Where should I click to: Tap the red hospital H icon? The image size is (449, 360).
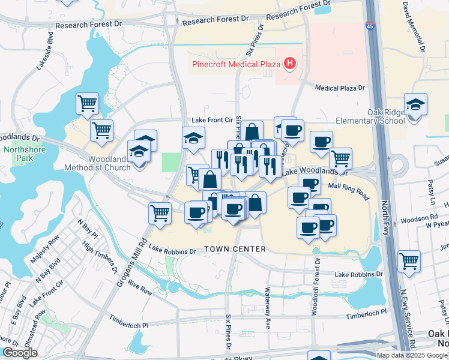coord(290,63)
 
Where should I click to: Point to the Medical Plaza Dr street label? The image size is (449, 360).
coord(340,88)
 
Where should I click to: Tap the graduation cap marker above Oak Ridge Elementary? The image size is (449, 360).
coord(415,105)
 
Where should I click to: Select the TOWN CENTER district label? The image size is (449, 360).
coord(235,249)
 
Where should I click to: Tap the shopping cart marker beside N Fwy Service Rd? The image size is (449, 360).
coord(409,261)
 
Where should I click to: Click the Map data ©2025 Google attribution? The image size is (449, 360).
coord(412,355)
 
